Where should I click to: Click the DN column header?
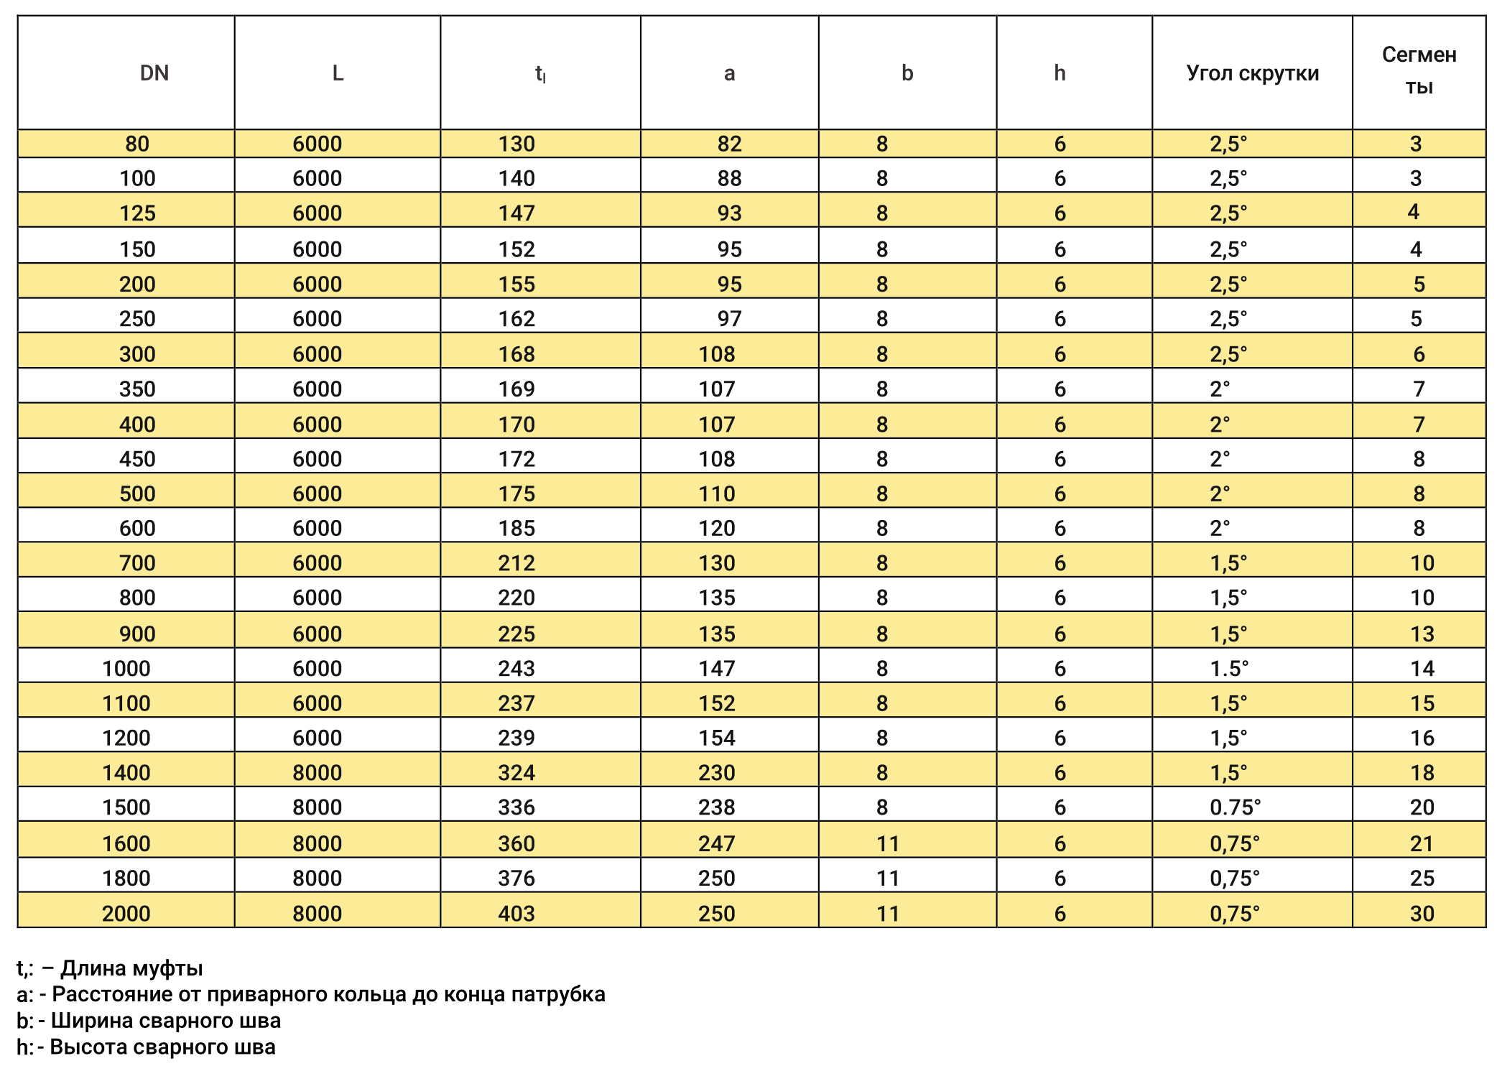(x=154, y=73)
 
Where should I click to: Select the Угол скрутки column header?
(x=1252, y=73)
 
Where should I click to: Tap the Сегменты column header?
(x=1419, y=70)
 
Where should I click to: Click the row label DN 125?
(x=137, y=213)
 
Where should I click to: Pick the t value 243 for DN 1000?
(x=516, y=669)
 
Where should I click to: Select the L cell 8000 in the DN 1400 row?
(x=317, y=773)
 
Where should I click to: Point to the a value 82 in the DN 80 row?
(x=729, y=144)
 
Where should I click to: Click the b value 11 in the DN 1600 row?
(x=888, y=844)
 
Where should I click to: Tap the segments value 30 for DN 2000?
(x=1422, y=914)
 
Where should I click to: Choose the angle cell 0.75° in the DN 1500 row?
(x=1235, y=807)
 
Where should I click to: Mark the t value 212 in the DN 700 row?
(x=516, y=563)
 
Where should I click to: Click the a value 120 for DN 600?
(x=717, y=529)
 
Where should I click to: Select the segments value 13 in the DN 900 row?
(x=1422, y=634)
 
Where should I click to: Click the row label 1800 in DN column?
(x=126, y=879)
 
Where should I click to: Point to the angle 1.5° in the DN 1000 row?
(x=1229, y=669)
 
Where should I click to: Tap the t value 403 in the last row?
(x=516, y=914)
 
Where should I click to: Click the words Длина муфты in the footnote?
(x=131, y=968)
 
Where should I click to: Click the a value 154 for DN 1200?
(x=717, y=738)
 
